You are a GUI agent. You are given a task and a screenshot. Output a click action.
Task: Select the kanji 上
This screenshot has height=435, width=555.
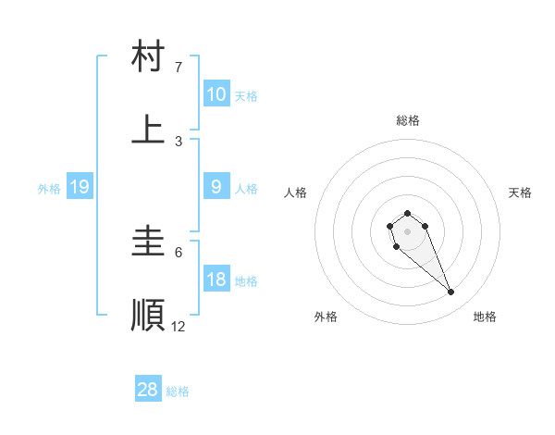pos(149,130)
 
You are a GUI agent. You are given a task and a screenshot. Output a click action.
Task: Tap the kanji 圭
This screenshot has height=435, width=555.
pos(149,242)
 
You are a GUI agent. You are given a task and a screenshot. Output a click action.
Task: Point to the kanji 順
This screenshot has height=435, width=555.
pos(149,315)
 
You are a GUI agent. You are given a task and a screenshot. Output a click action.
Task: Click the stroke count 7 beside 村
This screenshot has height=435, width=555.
pos(179,68)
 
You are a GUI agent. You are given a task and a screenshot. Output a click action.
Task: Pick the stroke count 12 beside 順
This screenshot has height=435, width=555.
pos(179,326)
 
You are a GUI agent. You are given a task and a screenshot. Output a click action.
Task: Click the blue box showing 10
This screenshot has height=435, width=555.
pos(216,94)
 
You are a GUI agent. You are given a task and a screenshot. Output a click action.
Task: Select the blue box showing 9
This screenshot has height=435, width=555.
pos(216,187)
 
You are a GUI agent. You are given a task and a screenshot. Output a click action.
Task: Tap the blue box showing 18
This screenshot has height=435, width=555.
pos(216,280)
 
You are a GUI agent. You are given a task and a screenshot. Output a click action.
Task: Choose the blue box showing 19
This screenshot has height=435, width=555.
pos(80,187)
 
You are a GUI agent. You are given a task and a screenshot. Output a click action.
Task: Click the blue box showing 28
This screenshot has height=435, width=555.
pos(148,390)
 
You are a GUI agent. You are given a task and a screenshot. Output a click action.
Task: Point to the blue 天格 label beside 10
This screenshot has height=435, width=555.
pos(246,96)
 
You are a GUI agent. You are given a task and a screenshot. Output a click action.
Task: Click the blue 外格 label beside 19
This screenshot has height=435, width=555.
pos(49,189)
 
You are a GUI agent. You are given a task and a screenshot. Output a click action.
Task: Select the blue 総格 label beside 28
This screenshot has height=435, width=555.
pos(178,391)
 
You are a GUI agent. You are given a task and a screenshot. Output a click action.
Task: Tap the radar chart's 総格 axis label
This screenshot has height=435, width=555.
pos(408,120)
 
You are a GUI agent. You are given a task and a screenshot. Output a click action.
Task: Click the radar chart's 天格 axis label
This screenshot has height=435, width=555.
pos(521,193)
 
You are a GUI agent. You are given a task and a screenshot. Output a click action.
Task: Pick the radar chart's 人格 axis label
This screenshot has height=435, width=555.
pos(296,193)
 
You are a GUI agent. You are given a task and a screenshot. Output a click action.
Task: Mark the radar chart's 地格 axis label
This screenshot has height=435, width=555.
pos(485,317)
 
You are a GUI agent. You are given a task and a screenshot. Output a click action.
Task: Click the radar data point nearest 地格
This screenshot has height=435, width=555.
pos(451,292)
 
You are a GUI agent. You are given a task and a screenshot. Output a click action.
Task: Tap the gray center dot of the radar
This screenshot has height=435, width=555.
pos(408,230)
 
